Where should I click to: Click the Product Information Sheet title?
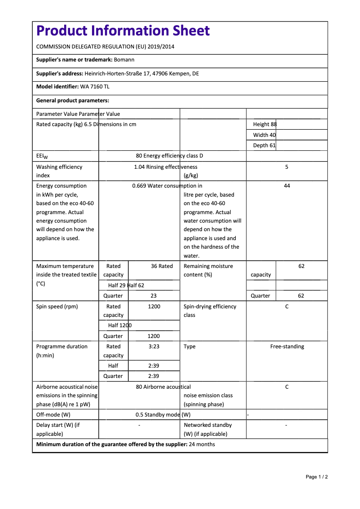pos(123,31)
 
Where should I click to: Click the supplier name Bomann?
pos(124,60)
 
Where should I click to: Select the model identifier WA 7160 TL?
pos(95,87)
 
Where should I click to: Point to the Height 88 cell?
pos(265,124)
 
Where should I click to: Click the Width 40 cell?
pos(264,135)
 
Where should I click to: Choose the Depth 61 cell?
pos(264,145)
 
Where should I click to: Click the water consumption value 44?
pos(287,186)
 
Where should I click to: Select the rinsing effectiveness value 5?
pos(286,167)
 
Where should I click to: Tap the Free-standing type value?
pos(287,347)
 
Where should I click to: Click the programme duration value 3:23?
pos(154,347)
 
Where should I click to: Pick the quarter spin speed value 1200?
pos(154,336)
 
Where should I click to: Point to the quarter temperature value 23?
pos(154,296)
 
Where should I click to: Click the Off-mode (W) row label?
pos(53,415)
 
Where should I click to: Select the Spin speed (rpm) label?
pos(57,307)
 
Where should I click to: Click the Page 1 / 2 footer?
pos(316,477)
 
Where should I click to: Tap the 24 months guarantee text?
pos(202,444)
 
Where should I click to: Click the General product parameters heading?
pos(73,101)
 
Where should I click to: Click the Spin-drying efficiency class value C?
pos(287,307)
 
